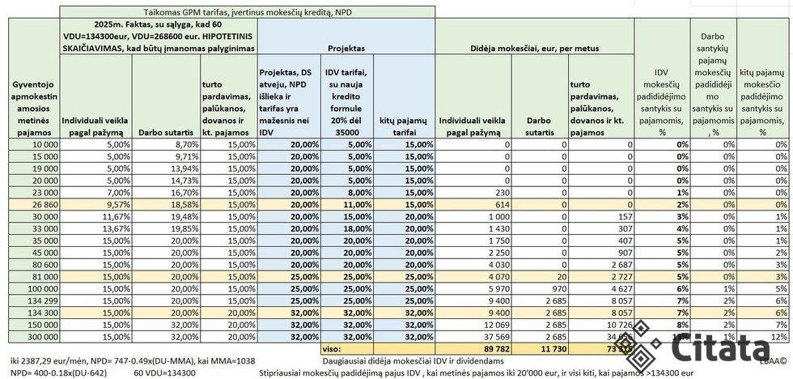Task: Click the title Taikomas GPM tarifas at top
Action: click(x=248, y=12)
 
